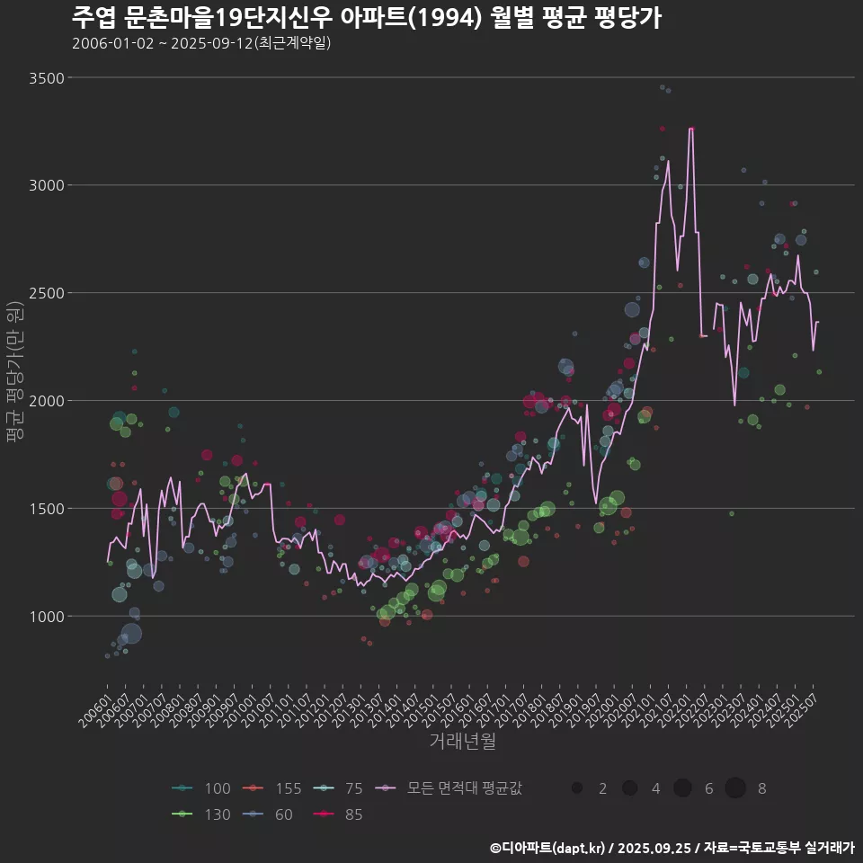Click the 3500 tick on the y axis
tap(47, 78)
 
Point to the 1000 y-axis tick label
tap(47, 617)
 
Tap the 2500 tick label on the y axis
tap(47, 293)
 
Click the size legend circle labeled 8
tap(735, 788)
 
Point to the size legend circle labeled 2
tap(577, 788)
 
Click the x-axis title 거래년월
tap(462, 741)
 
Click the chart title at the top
tap(366, 18)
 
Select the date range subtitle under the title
tap(201, 43)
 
